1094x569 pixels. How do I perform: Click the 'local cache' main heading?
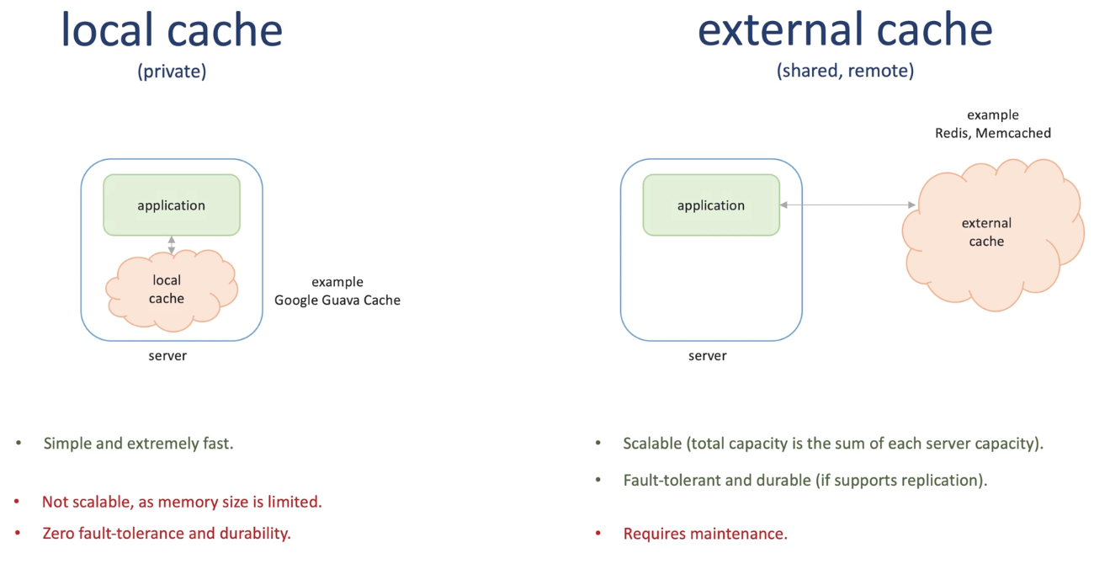pyautogui.click(x=172, y=30)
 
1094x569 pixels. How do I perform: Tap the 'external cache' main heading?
pyautogui.click(x=845, y=30)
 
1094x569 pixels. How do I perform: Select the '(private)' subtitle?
pyautogui.click(x=172, y=72)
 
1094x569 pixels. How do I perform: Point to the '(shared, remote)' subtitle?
pyautogui.click(x=845, y=72)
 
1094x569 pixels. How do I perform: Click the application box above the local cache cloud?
pyautogui.click(x=172, y=205)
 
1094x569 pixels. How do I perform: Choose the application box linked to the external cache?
pyautogui.click(x=711, y=205)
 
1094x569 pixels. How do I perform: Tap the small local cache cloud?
pyautogui.click(x=168, y=289)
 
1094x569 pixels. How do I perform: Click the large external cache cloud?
pyautogui.click(x=989, y=233)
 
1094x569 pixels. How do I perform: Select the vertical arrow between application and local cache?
pyautogui.click(x=172, y=245)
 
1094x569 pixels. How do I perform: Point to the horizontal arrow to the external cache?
pyautogui.click(x=847, y=205)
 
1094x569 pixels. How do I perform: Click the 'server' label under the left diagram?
pyautogui.click(x=167, y=356)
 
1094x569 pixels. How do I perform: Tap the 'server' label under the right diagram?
pyautogui.click(x=707, y=356)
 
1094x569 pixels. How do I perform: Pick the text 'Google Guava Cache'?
pyautogui.click(x=337, y=300)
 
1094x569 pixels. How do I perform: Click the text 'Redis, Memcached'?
pyautogui.click(x=993, y=133)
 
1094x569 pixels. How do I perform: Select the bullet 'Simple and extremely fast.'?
pyautogui.click(x=138, y=444)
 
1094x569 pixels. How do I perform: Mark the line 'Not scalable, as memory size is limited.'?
pyautogui.click(x=182, y=503)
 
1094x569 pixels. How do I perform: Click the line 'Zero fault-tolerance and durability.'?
pyautogui.click(x=167, y=534)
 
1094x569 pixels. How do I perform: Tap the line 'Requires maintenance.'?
pyautogui.click(x=705, y=534)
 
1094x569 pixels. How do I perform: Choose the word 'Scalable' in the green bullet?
pyautogui.click(x=652, y=444)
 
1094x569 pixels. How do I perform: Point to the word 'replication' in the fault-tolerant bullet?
pyautogui.click(x=942, y=481)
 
